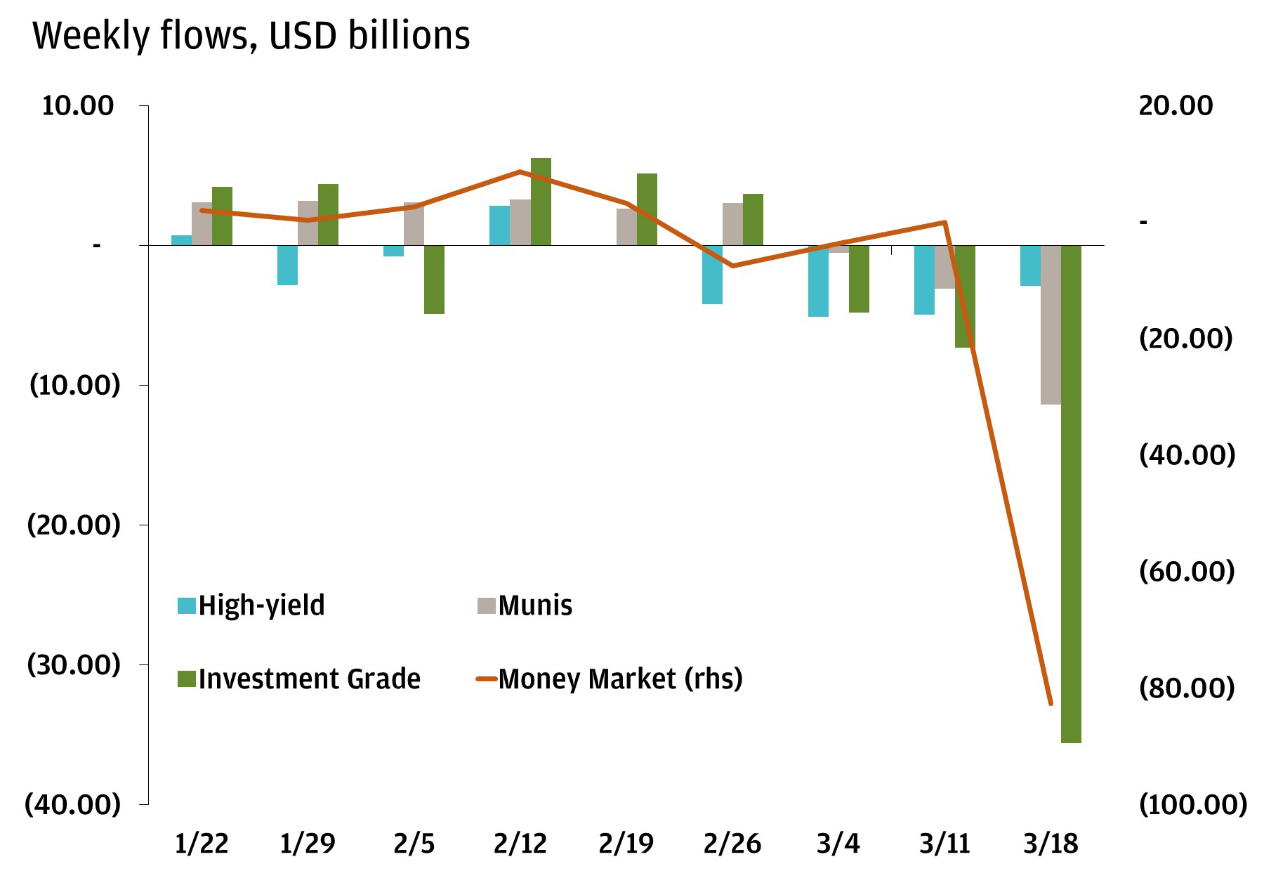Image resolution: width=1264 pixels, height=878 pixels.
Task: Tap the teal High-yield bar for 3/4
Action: point(818,281)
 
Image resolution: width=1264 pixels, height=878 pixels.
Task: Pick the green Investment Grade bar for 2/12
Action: point(541,202)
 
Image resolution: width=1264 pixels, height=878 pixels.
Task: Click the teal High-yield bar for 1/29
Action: point(287,265)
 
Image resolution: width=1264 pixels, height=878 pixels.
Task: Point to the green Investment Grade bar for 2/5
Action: point(434,280)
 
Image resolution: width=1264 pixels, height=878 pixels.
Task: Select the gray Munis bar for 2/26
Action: point(733,224)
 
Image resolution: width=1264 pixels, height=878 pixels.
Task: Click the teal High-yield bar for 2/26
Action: point(712,275)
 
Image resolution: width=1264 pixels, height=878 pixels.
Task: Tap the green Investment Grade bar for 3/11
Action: point(965,296)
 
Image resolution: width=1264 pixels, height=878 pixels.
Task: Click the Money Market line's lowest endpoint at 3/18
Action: point(1051,703)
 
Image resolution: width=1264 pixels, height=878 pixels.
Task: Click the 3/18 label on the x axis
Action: point(1051,844)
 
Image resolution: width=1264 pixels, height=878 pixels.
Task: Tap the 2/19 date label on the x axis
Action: point(626,844)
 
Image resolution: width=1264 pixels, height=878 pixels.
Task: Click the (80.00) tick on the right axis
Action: point(1186,687)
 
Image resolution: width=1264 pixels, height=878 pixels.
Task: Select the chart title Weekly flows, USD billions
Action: point(251,35)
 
